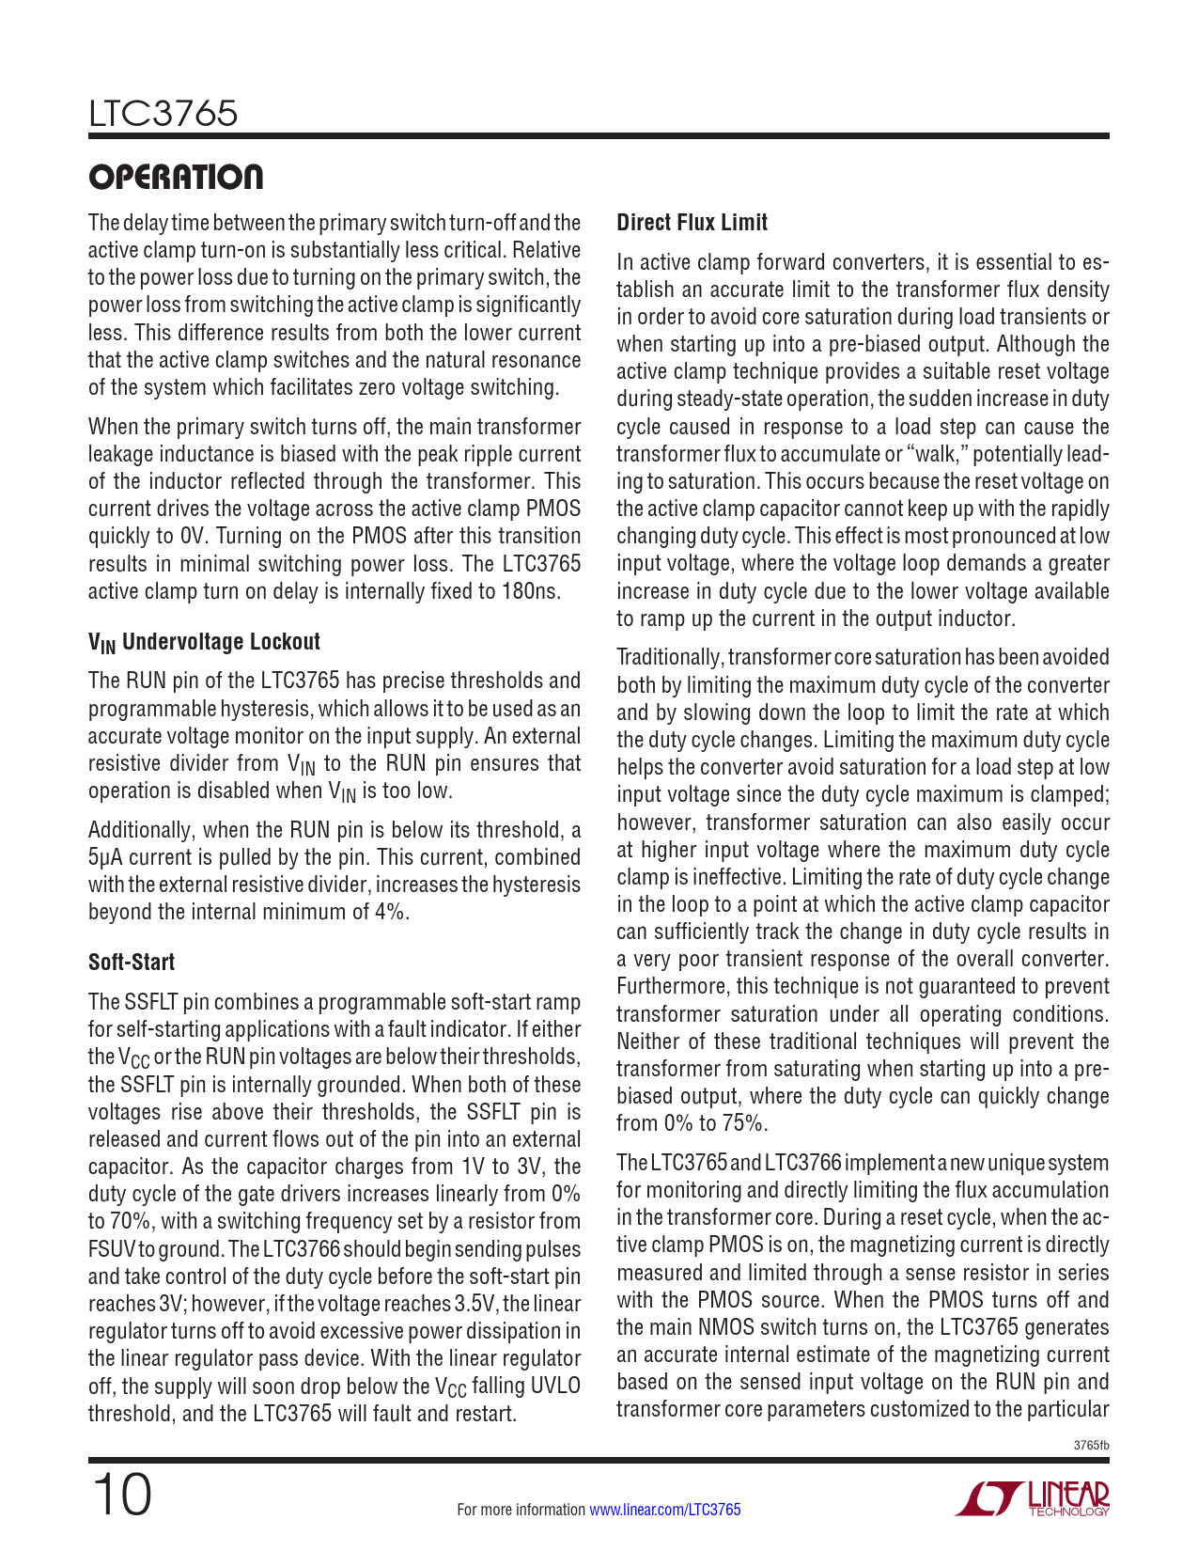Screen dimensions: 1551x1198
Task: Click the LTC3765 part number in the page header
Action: pos(163,114)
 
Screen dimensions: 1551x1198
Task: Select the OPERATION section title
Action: pos(176,177)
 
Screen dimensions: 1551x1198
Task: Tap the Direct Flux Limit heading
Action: pos(692,223)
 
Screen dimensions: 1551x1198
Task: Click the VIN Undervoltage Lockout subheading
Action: pos(204,642)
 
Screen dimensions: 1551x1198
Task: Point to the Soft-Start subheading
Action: pos(132,963)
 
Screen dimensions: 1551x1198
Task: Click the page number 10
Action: pos(121,1495)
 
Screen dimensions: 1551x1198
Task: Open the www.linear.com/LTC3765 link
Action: pos(664,1510)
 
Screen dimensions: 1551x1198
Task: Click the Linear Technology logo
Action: pos(1032,1498)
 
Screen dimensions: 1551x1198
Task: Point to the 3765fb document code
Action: pos(1091,1445)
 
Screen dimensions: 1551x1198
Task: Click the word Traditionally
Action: pos(669,658)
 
